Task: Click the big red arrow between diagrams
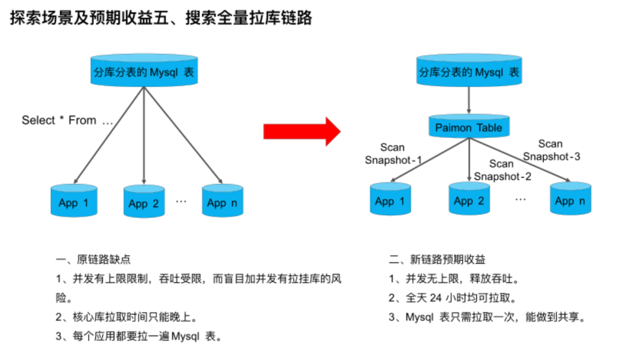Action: click(x=302, y=131)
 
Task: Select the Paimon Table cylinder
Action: click(x=469, y=127)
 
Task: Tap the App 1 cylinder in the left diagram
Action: click(x=74, y=201)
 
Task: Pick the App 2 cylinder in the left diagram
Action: click(x=144, y=202)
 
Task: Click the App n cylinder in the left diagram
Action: click(x=222, y=201)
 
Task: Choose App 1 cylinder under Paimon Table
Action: click(x=390, y=200)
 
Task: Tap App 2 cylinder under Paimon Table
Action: click(x=469, y=200)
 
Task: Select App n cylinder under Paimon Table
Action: click(x=570, y=200)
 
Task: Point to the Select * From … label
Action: click(x=67, y=120)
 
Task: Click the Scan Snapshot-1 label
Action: click(x=393, y=153)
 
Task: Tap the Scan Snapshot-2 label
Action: click(x=502, y=170)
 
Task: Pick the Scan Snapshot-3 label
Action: click(x=551, y=150)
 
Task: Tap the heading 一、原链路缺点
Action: click(x=93, y=259)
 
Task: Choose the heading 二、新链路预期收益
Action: click(x=437, y=259)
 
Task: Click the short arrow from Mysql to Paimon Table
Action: click(x=469, y=101)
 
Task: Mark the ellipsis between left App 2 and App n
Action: click(x=181, y=201)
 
